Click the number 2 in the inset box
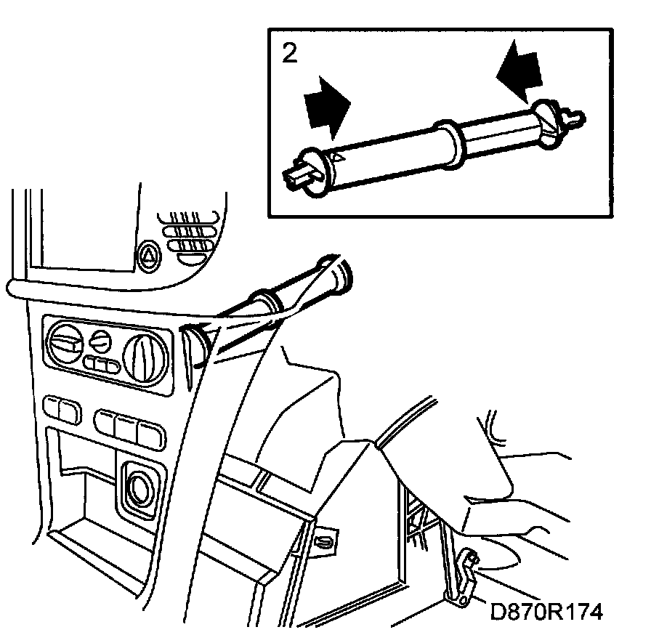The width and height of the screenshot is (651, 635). click(289, 54)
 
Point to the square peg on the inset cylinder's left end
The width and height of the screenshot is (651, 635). click(296, 177)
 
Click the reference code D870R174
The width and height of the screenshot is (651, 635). click(547, 611)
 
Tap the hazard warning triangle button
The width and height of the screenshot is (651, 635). click(148, 254)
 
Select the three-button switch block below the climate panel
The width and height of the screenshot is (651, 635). click(129, 426)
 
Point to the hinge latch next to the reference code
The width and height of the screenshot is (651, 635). click(462, 581)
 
